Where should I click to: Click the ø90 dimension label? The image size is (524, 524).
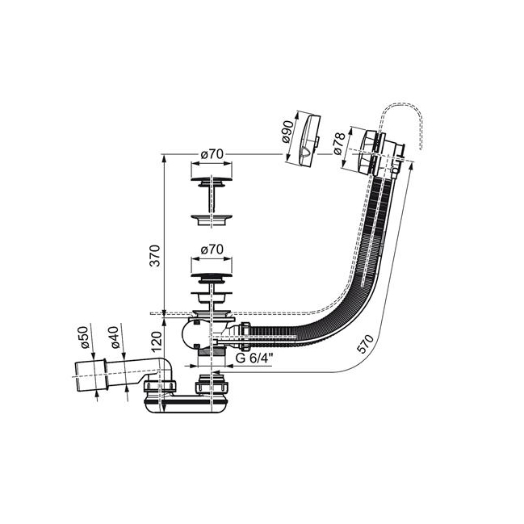coord(287,132)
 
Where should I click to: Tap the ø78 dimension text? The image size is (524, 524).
coord(339,144)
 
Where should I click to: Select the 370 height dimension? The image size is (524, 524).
coord(155,256)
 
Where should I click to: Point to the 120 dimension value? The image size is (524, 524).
coord(156,342)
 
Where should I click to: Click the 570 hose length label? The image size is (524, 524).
coord(365,344)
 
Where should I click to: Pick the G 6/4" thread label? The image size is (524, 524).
coord(254,358)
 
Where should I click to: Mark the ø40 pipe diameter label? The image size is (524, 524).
coord(115,337)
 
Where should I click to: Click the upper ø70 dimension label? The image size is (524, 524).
coord(212,154)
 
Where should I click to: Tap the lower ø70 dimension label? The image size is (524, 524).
coord(212,249)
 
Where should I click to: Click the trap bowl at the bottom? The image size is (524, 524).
coord(186,405)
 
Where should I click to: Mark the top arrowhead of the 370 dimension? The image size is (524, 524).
coord(164,158)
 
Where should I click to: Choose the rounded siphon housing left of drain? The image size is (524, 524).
coord(188,335)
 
